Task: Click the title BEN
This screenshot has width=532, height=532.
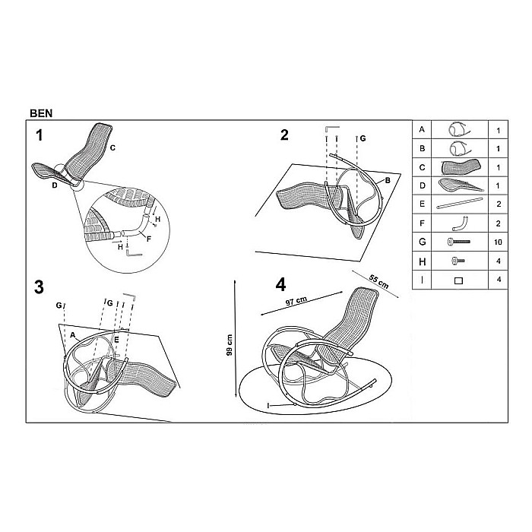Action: click(x=41, y=113)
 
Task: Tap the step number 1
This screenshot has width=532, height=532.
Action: click(x=40, y=135)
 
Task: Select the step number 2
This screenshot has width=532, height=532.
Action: click(x=284, y=135)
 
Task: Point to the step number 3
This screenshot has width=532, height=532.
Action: click(x=39, y=287)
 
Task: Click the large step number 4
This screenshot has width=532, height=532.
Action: click(x=280, y=285)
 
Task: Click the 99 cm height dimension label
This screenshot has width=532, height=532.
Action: click(x=230, y=345)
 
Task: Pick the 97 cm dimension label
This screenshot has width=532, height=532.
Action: click(x=296, y=301)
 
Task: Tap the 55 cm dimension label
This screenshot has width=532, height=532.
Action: click(x=378, y=281)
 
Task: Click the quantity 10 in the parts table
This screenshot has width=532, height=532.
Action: click(x=498, y=242)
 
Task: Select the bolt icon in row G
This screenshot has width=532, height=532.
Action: click(x=459, y=242)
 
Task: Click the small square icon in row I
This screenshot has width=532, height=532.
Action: click(x=458, y=280)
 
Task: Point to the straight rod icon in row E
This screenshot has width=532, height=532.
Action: click(x=459, y=203)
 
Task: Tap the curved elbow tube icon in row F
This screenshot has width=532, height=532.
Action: click(x=460, y=223)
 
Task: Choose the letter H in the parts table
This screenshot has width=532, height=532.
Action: click(x=422, y=261)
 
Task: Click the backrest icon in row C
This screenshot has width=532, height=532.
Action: click(x=461, y=166)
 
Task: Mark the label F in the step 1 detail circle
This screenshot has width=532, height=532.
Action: click(x=149, y=239)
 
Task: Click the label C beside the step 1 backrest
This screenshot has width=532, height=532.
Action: click(x=112, y=147)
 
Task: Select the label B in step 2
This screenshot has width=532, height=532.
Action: click(x=388, y=180)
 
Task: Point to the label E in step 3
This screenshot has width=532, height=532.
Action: click(x=116, y=340)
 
